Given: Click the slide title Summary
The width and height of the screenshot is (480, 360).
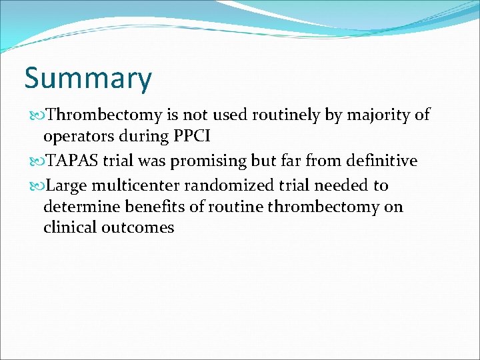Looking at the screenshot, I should [x=88, y=79].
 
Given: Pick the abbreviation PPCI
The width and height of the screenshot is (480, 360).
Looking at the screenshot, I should [x=193, y=137].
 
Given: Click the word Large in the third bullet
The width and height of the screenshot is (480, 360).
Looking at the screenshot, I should [x=67, y=185].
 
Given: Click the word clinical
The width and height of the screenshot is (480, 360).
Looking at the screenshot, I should [x=69, y=227].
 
